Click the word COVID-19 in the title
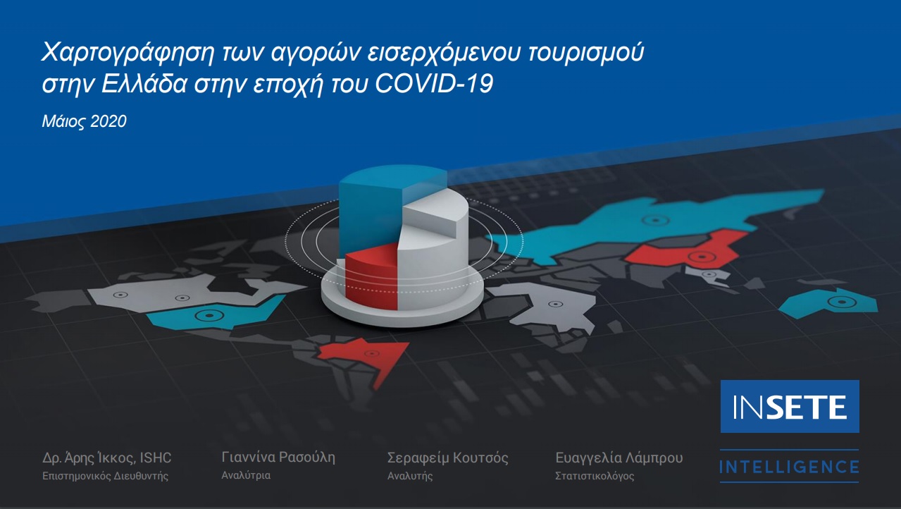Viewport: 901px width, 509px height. coord(434,83)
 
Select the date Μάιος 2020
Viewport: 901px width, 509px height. coord(84,121)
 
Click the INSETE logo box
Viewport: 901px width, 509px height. coord(790,406)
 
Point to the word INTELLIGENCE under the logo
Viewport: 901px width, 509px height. coord(789,467)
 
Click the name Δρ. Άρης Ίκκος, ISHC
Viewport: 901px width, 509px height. coord(106,458)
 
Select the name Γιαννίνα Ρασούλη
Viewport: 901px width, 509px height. coord(278,458)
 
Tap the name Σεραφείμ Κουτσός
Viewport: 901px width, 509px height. coord(448,458)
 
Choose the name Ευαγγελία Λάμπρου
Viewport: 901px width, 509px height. coord(619,458)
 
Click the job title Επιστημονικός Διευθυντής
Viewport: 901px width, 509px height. coord(105,476)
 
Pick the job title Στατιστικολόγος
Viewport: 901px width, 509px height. coord(595,476)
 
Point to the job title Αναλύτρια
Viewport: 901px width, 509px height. coord(246,475)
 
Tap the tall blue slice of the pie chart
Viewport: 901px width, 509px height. coord(370,209)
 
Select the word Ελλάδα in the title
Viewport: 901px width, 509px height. coord(144,84)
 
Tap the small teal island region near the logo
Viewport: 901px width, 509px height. coord(828,303)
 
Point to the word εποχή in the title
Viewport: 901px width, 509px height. coord(288,85)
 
